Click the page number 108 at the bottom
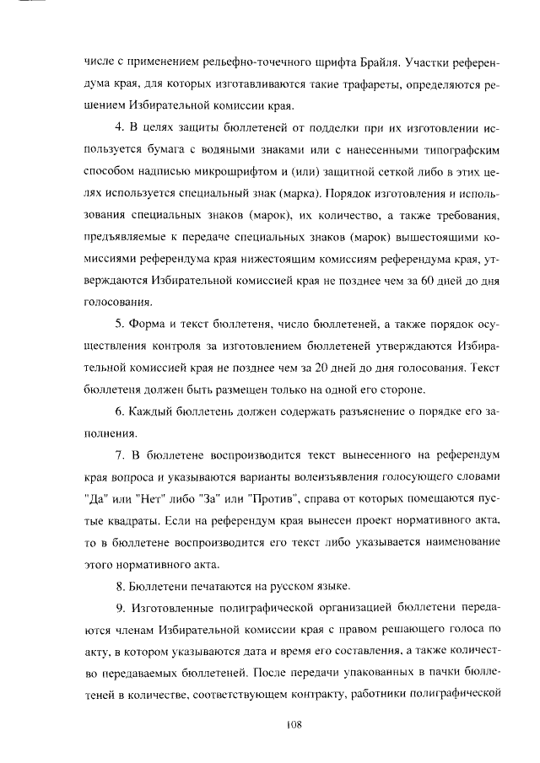[x=294, y=724]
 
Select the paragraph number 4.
[x=118, y=128]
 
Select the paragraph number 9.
[x=118, y=608]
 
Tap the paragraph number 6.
[x=118, y=411]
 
